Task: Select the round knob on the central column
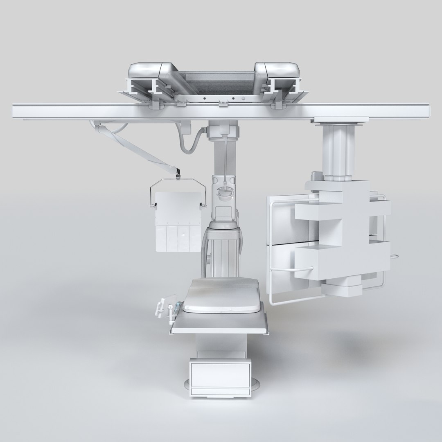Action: point(225,192)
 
